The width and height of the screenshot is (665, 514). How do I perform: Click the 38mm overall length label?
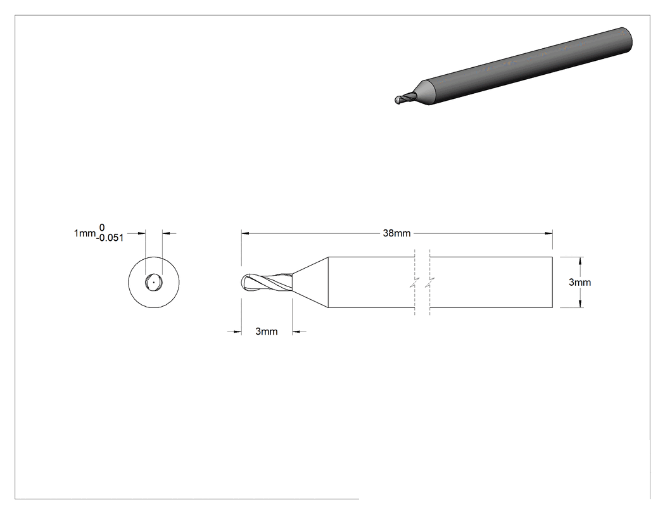(396, 233)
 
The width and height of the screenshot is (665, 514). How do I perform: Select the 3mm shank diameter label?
(579, 282)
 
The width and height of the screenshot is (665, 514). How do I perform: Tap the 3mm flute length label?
(267, 331)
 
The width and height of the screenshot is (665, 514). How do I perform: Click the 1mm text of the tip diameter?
(85, 233)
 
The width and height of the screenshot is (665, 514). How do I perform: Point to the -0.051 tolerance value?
(110, 238)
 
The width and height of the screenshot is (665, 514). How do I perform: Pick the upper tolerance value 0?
(102, 228)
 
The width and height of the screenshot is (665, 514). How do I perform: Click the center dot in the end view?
(153, 282)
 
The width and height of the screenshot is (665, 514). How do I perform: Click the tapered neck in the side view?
(310, 282)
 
